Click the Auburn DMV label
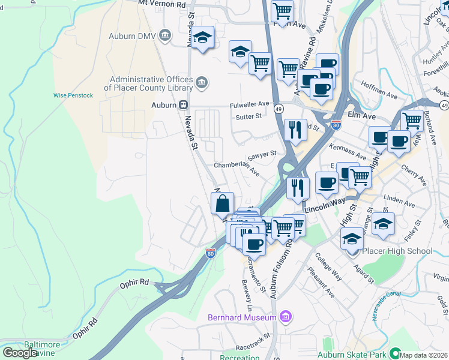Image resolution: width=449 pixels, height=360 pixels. (x=131, y=36)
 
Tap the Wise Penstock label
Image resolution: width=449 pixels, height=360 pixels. (x=73, y=95)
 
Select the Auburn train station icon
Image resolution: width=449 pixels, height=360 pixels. (x=180, y=105)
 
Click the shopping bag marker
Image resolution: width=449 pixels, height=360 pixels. (x=223, y=203)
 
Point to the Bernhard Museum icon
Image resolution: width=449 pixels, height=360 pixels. (x=286, y=316)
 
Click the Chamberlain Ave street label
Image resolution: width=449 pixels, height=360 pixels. (x=237, y=168)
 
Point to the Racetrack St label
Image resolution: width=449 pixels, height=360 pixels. (x=254, y=347)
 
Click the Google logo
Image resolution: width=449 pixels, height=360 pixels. (x=20, y=352)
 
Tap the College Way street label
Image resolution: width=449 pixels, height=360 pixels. (x=330, y=270)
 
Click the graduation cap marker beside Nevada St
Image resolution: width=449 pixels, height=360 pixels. (x=203, y=38)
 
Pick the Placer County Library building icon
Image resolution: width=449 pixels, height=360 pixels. (x=201, y=82)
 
